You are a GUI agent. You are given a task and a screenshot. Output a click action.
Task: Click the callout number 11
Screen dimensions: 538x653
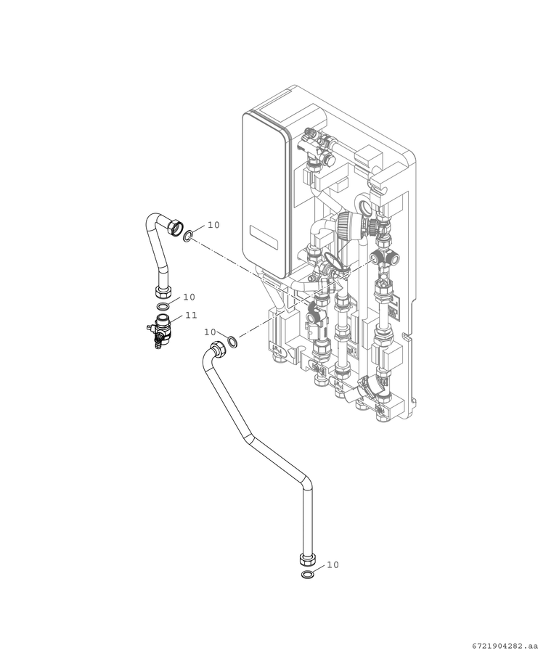point(191,316)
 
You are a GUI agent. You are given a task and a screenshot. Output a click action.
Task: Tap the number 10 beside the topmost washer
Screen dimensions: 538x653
point(213,225)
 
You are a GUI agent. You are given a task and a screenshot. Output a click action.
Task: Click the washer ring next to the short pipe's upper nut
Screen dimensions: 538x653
point(188,237)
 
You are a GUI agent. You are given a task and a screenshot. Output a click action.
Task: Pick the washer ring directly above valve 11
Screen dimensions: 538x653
point(163,307)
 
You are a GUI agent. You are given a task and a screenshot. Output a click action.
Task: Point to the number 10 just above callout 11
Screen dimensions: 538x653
point(189,297)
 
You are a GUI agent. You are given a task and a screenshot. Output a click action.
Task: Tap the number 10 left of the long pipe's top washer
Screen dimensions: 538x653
point(210,332)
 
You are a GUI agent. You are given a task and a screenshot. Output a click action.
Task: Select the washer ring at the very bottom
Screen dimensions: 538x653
point(308,575)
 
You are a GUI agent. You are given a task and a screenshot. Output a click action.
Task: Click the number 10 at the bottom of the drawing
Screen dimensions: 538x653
point(333,564)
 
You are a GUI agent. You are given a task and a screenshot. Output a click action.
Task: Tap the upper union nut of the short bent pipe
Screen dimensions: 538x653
point(175,227)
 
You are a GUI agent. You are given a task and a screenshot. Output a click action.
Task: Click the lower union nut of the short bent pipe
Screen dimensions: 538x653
point(163,292)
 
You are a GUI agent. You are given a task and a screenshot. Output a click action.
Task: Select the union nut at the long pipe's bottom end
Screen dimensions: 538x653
point(308,559)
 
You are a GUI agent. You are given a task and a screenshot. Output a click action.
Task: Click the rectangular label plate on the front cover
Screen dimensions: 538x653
point(263,238)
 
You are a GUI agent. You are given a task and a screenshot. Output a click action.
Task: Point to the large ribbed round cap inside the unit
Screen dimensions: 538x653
point(349,225)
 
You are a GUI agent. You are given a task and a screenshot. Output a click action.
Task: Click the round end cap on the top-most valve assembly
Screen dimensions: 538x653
point(330,158)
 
